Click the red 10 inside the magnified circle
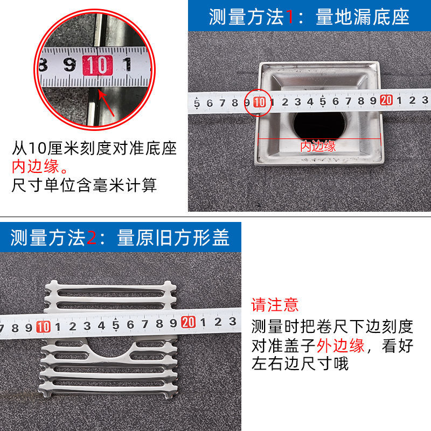98,65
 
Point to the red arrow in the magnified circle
107,103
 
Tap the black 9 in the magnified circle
70,65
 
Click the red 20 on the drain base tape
386,100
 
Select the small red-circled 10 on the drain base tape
259,102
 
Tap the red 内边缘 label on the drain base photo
318,146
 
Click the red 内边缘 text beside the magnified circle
36,166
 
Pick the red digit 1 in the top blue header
289,17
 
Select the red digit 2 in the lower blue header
92,238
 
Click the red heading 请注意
275,305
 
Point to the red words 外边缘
340,345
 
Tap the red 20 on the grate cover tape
188,322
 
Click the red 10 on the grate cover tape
44,327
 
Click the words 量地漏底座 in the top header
363,17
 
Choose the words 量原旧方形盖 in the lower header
173,238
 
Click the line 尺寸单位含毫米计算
84,185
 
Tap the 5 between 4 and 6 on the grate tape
116,325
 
